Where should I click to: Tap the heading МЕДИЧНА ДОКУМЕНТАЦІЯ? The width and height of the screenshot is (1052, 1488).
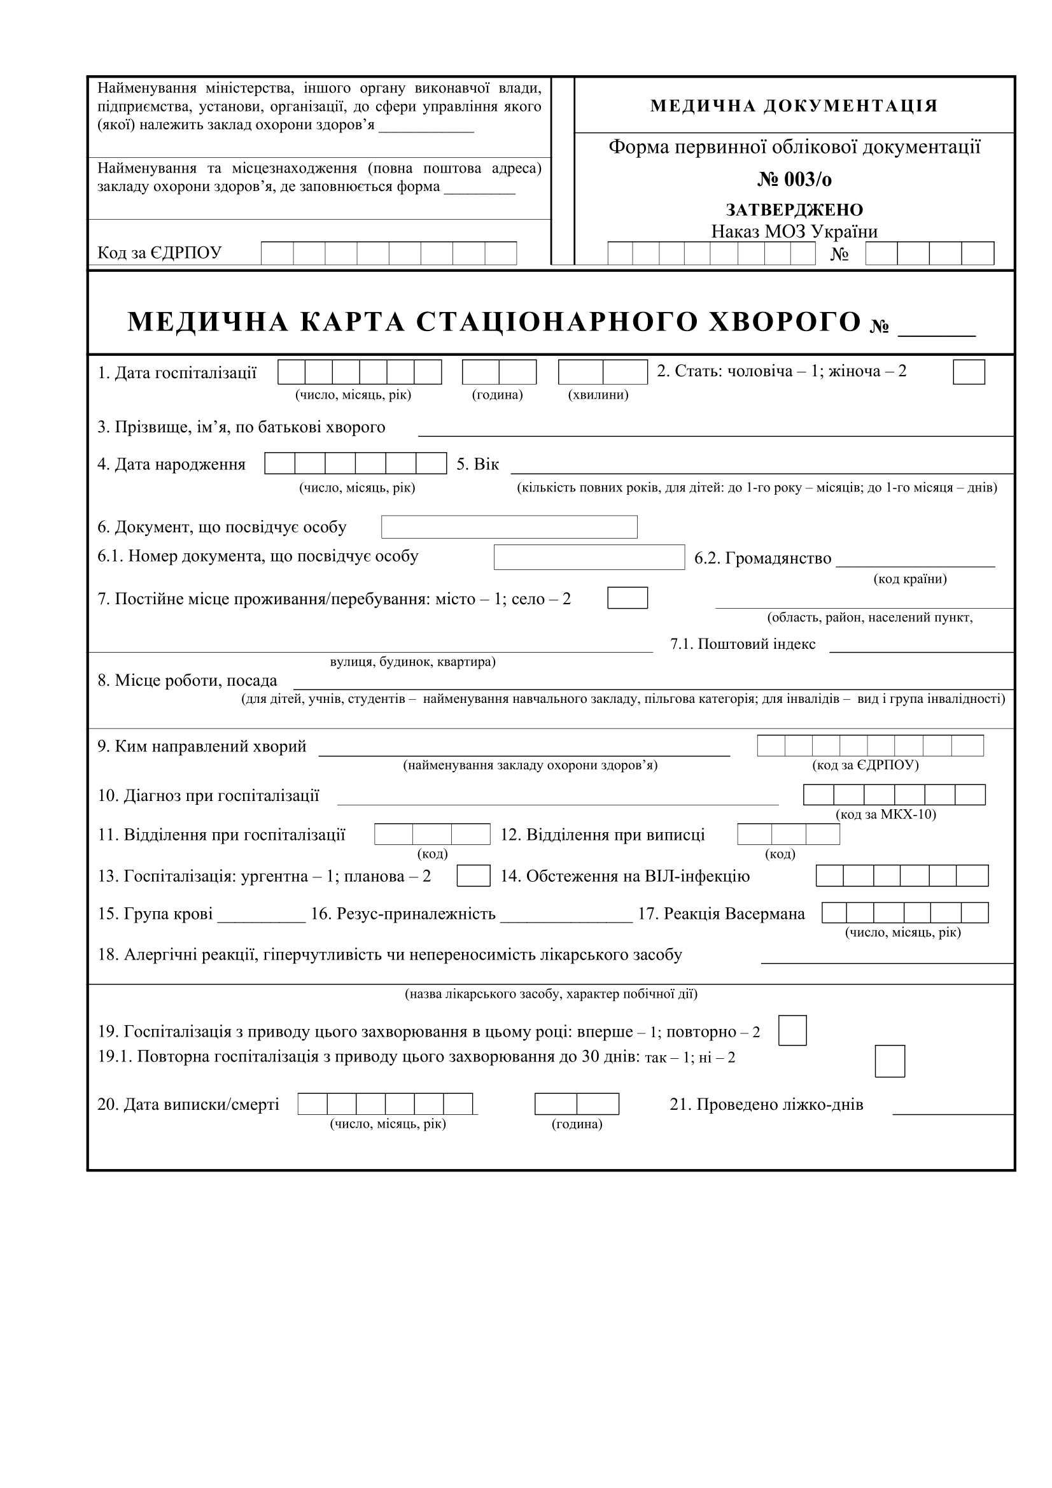pos(794,106)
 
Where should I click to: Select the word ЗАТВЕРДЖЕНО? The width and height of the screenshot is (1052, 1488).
pos(794,210)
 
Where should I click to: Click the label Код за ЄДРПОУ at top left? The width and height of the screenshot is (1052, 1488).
pos(159,253)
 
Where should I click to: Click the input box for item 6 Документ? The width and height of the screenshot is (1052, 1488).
pos(509,527)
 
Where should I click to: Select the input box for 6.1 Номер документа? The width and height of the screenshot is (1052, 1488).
pos(589,557)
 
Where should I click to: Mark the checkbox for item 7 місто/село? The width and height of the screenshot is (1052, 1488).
pos(627,597)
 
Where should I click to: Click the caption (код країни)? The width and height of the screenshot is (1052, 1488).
pos(909,579)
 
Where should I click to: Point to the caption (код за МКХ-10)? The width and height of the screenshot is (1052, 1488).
pos(885,814)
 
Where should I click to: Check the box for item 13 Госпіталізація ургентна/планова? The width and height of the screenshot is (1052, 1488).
pos(473,876)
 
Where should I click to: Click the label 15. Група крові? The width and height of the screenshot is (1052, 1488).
pos(155,914)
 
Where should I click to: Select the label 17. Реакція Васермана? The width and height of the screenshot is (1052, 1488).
pos(721,914)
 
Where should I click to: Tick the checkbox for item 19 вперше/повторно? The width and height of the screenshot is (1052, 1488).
pos(792,1030)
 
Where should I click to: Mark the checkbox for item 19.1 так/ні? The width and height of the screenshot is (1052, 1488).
pos(890,1061)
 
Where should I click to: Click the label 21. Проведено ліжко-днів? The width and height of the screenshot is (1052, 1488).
pos(766,1104)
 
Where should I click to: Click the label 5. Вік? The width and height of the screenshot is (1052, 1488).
pos(477,464)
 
